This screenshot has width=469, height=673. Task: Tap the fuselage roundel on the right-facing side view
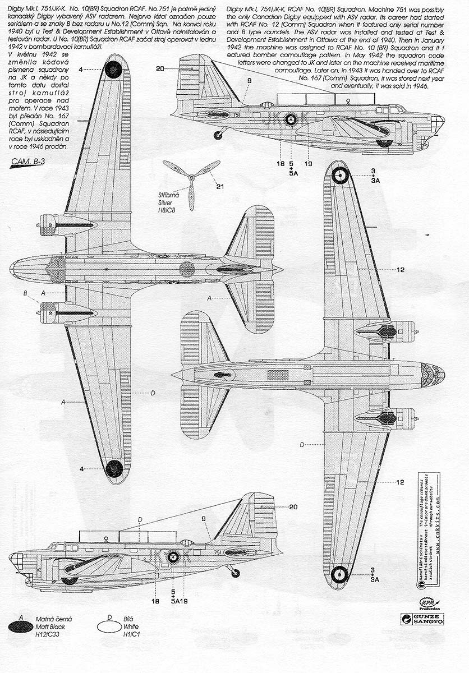point(291,118)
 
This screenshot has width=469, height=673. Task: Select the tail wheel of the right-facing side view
point(219,136)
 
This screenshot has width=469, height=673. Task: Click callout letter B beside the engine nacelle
point(25,293)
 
